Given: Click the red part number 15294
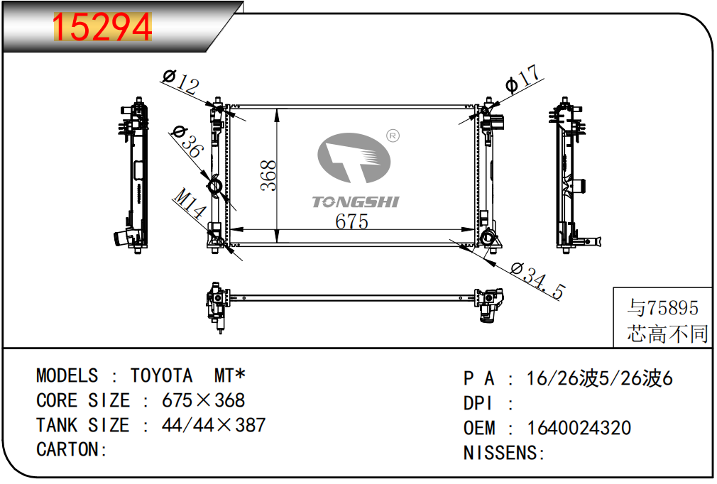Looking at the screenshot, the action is [x=102, y=27].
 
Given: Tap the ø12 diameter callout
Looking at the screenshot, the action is [x=181, y=82].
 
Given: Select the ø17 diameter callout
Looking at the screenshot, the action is [x=523, y=79].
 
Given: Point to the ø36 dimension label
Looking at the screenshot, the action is [x=187, y=142].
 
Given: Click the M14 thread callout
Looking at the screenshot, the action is [x=190, y=204].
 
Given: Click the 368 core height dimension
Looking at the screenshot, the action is [x=268, y=175].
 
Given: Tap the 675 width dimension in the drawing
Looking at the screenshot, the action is [x=351, y=221].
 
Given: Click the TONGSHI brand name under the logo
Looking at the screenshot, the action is [x=355, y=202].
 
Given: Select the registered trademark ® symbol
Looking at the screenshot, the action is [x=393, y=136].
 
